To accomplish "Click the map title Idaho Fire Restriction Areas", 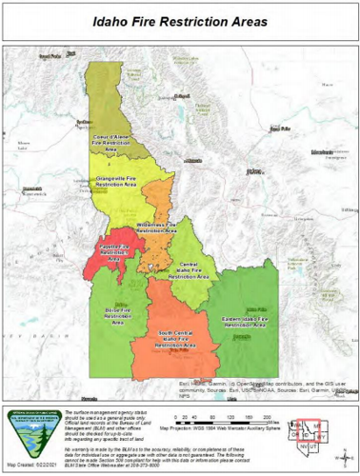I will point(180,17).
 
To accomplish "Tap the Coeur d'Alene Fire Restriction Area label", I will point(111,140).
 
